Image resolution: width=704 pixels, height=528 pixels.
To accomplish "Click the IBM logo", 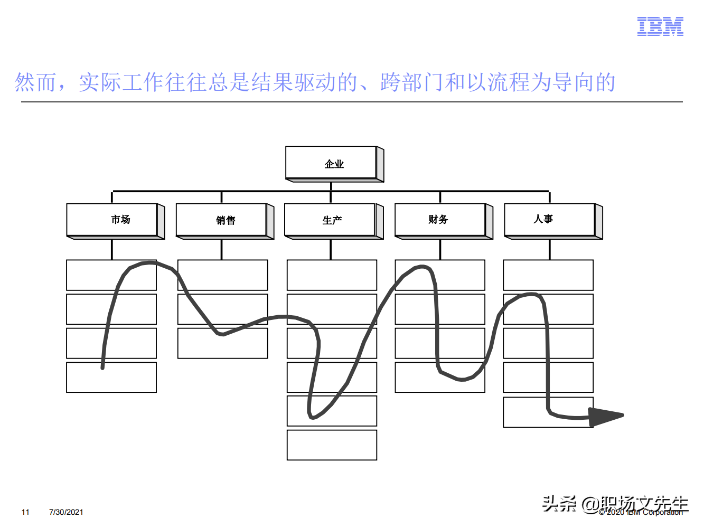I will click(660, 26).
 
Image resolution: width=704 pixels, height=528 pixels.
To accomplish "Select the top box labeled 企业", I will click(332, 163).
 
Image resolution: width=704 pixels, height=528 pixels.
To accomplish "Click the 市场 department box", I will click(112, 220).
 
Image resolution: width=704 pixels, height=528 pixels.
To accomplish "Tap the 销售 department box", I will click(222, 220).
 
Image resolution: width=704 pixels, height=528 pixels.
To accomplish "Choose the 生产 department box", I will click(331, 220).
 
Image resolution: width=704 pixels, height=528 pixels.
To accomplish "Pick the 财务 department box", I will click(440, 220).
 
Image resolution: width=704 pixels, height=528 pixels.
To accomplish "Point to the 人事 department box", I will click(550, 220).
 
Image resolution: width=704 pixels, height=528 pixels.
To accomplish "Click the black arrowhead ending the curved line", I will click(605, 416).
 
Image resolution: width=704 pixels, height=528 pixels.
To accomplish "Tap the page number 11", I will click(25, 512).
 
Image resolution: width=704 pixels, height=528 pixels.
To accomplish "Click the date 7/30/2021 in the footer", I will click(66, 512).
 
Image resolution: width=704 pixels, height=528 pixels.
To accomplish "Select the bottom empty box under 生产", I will click(332, 445).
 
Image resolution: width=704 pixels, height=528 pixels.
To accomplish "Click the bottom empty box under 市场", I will click(111, 378).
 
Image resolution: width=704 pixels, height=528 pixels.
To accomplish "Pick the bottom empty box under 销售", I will click(222, 343).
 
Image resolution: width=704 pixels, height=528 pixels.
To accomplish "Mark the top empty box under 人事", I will click(548, 275).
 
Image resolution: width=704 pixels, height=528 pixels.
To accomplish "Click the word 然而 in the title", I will click(35, 82).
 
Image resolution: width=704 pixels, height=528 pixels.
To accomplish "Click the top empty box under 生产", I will click(332, 275).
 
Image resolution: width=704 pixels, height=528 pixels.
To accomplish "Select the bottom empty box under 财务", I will click(440, 378).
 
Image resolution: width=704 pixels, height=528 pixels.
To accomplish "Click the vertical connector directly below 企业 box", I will click(331, 186).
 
